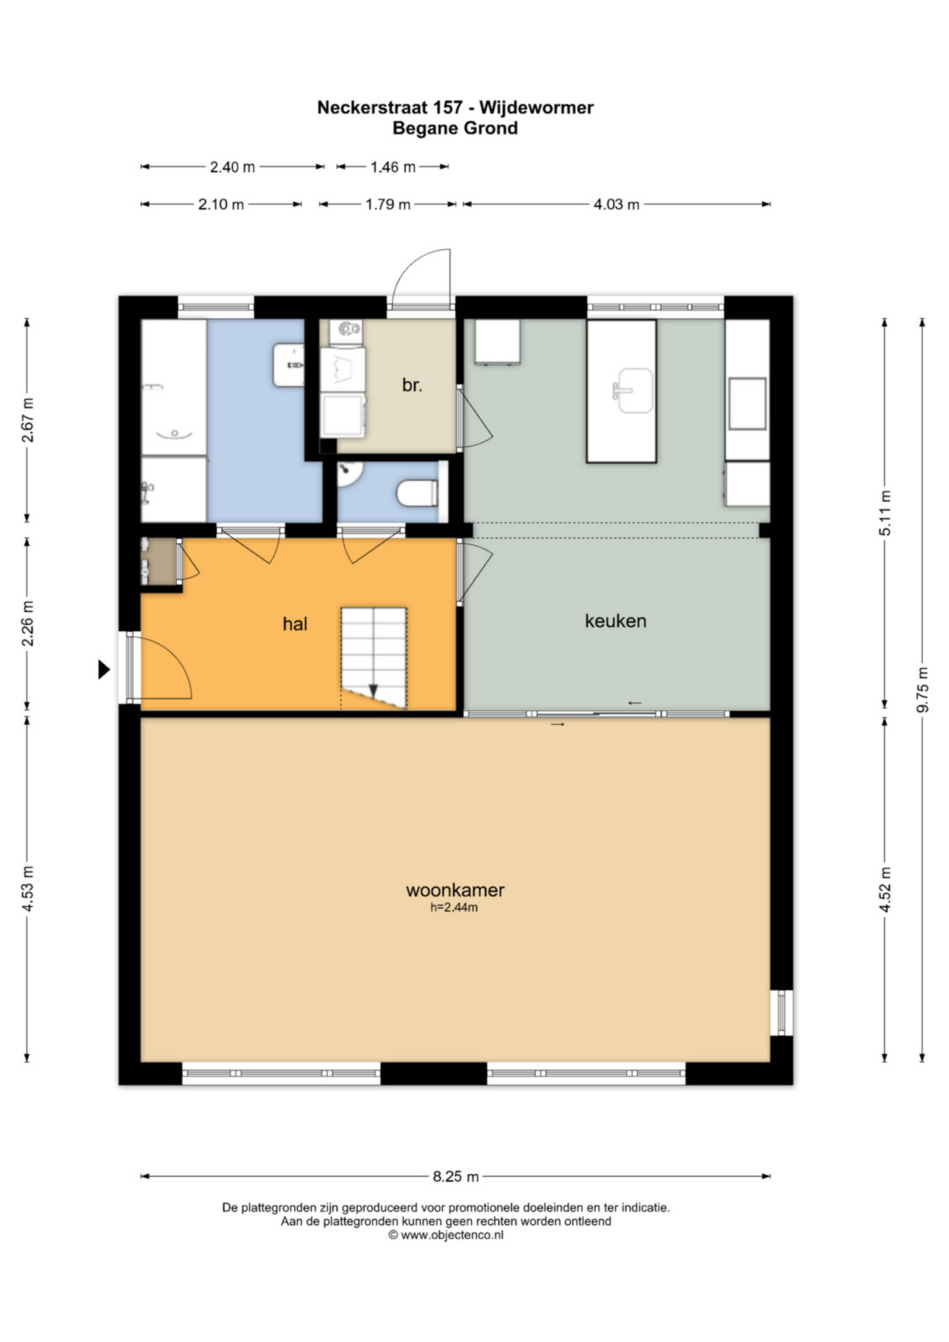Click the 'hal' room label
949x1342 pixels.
pos(295,624)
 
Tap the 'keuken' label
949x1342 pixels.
pos(615,621)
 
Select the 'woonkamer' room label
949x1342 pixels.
pos(455,890)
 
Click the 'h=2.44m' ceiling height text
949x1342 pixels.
pos(454,908)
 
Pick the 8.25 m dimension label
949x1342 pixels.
pos(456,1177)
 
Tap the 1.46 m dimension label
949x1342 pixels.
pos(393,167)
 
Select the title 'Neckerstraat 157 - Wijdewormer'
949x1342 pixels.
pos(455,108)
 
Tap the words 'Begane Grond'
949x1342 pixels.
pos(455,128)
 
